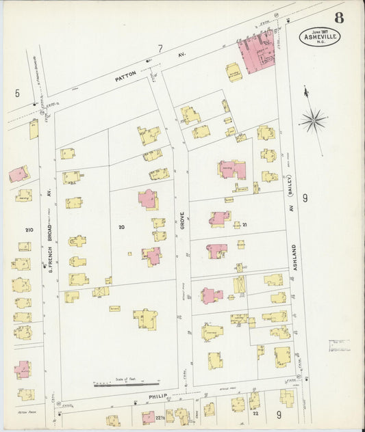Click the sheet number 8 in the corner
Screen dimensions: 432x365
[340, 17]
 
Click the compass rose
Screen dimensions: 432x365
[313, 121]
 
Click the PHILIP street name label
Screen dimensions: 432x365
[157, 395]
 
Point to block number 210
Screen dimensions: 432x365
[29, 230]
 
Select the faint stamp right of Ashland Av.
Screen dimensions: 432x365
[339, 345]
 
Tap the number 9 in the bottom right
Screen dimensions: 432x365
[279, 414]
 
